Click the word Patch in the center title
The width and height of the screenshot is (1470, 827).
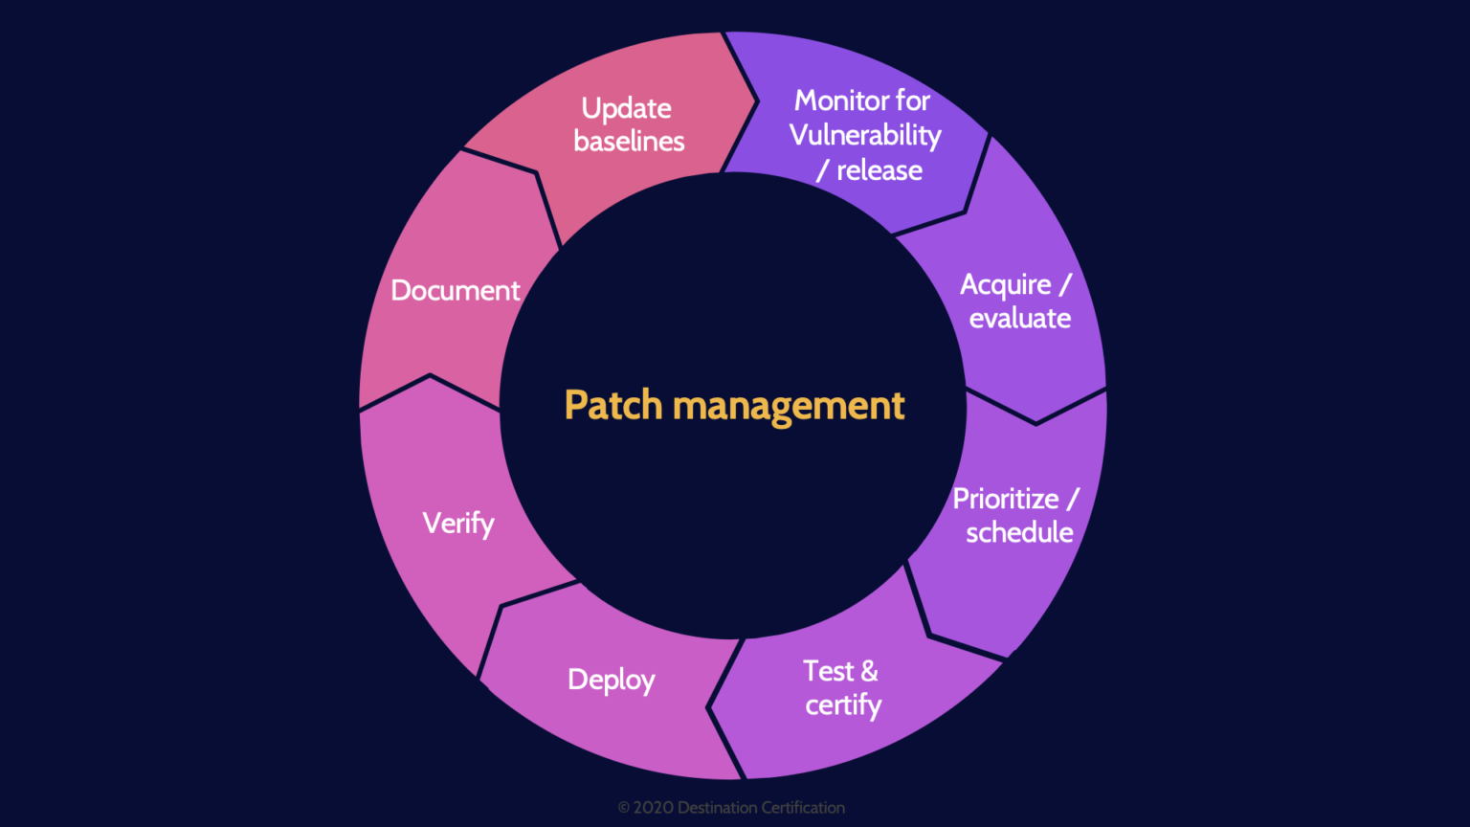[x=612, y=405]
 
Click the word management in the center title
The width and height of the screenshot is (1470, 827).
[x=789, y=407]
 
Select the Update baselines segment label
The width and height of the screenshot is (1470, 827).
[x=629, y=124]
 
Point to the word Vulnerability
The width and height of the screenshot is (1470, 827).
[x=865, y=136]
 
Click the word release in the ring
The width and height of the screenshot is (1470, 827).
[x=880, y=170]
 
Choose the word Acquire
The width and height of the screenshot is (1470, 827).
[x=1005, y=285]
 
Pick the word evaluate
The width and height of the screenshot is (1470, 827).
[x=1020, y=319]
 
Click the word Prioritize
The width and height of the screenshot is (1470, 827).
[x=1005, y=500]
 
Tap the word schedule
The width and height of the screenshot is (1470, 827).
[x=1019, y=533]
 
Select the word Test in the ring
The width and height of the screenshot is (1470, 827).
[x=828, y=671]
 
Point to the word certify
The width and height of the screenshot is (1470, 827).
[x=843, y=706]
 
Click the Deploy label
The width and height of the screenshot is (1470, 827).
[x=611, y=681]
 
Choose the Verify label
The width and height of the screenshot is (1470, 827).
[x=458, y=524]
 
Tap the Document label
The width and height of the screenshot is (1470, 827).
[x=456, y=290]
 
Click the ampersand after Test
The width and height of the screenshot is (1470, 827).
[x=869, y=671]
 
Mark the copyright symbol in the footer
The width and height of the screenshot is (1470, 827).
[x=624, y=808]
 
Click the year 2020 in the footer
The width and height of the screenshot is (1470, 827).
[x=653, y=808]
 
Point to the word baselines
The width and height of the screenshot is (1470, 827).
[x=629, y=142]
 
